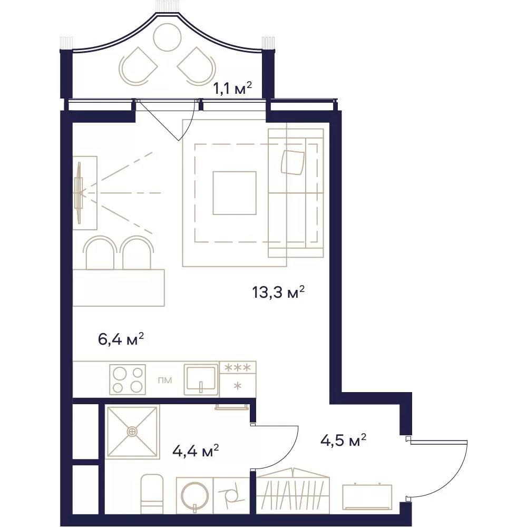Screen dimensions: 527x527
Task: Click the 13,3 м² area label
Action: tap(278, 292)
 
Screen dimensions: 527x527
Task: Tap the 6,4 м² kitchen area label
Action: tap(121, 339)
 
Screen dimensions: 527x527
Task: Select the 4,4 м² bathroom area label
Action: tap(196, 451)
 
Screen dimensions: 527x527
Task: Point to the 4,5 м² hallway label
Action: tap(343, 440)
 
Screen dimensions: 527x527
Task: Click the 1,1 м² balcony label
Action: tap(232, 89)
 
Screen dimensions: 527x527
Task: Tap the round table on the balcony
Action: tap(167, 37)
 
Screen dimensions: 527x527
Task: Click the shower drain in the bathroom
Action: tap(132, 431)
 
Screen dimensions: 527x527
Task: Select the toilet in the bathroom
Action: tap(151, 494)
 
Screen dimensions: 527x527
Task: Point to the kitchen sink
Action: tap(201, 380)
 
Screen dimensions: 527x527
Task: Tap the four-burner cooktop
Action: tap(128, 379)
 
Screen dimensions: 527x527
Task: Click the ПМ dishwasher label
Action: tap(165, 380)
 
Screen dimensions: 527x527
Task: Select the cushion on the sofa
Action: tap(293, 162)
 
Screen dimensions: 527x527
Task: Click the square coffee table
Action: tap(235, 193)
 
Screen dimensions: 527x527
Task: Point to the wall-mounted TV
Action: tap(79, 192)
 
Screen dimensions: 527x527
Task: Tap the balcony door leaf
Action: tap(159, 120)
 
